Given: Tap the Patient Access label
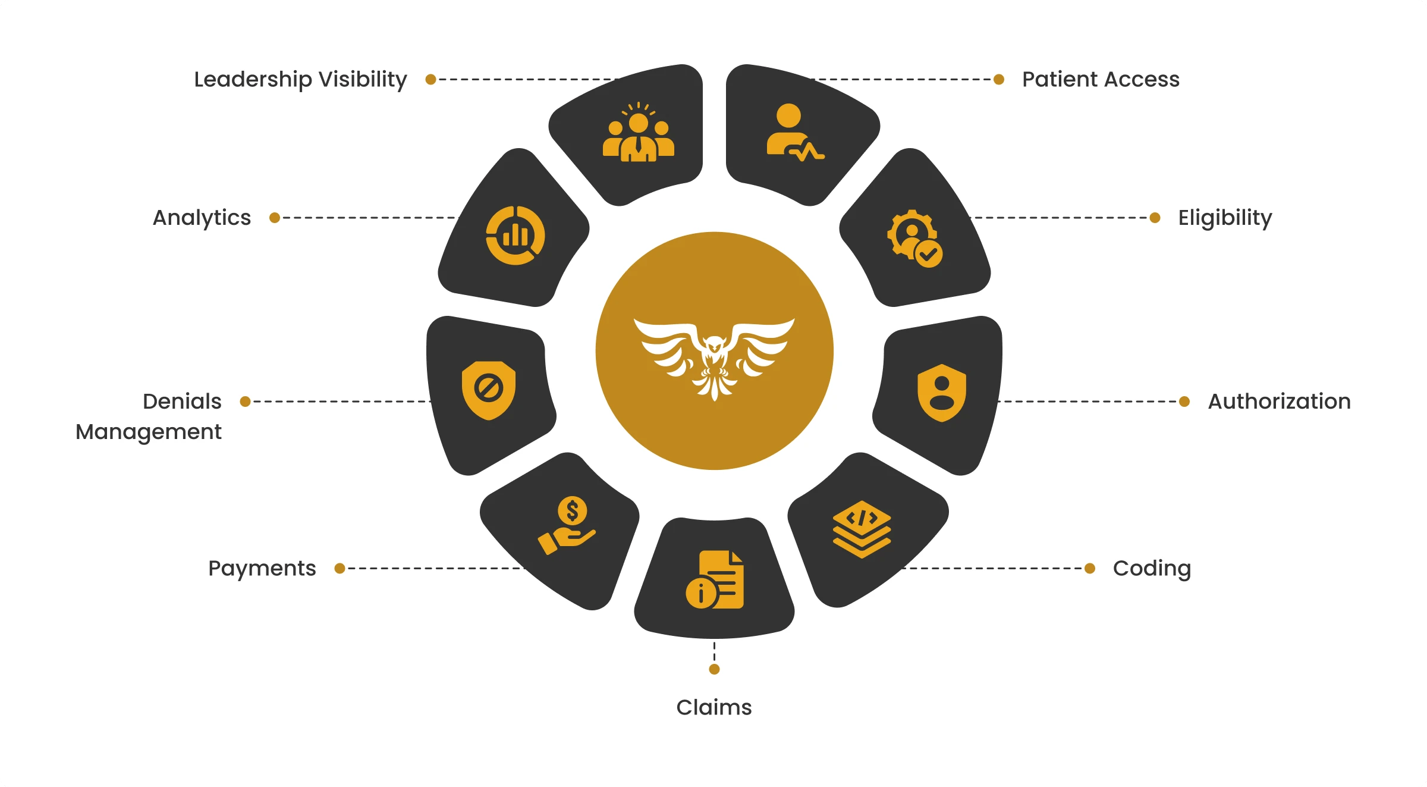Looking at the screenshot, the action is coord(1101,79).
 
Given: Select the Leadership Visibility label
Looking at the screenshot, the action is coord(300,80).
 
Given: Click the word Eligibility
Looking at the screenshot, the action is coord(1225,218).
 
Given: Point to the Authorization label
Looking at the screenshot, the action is coord(1279,402).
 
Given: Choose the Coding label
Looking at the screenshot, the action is coord(1152,569).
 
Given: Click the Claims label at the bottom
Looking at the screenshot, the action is coord(714,707).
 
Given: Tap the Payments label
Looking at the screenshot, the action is coord(262,569).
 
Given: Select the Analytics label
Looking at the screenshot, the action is coord(202,218).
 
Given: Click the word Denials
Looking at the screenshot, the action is coord(182,402).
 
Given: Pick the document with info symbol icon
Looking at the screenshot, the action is coord(715,579).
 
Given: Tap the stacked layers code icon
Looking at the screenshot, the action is coord(862,529).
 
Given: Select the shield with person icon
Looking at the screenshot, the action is coord(942,393).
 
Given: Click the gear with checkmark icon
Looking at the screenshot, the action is coord(914,239).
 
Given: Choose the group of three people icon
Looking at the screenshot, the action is coord(639,131).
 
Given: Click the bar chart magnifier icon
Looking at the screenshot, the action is coord(516,236).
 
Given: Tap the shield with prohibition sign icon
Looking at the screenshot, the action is coord(489,390).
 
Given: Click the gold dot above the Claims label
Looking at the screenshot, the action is coord(715,669).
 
